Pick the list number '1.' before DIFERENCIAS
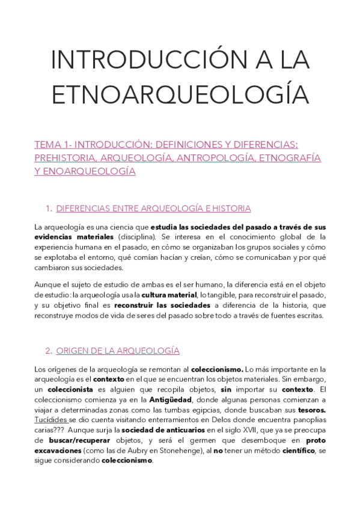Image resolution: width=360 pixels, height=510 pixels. point(49,209)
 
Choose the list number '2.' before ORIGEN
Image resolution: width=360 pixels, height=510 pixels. point(49,350)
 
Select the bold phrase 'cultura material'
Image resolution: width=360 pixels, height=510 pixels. point(169,295)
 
